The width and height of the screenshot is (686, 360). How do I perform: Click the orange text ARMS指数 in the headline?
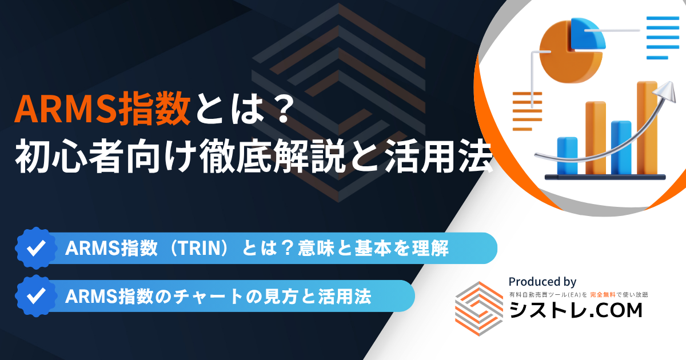(102, 109)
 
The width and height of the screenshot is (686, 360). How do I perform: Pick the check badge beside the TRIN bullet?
(37, 248)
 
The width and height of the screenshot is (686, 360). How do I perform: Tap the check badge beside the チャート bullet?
(37, 296)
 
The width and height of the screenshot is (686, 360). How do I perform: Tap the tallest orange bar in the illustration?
(647, 128)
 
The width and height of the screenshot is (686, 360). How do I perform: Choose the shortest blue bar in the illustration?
(567, 156)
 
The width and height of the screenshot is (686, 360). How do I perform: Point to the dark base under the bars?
(605, 177)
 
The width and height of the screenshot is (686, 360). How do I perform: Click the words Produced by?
(543, 282)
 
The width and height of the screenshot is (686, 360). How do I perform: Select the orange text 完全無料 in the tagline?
(603, 295)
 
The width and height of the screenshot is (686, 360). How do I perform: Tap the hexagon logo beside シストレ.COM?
(479, 309)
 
